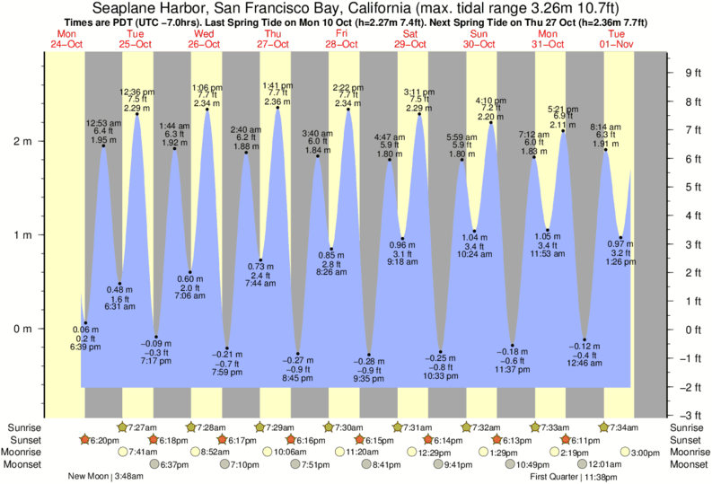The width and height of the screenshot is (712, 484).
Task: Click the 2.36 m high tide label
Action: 277,101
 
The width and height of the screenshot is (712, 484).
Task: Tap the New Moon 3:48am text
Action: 101,477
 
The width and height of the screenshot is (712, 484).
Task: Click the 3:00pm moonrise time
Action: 645,453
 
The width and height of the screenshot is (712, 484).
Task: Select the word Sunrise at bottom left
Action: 22,427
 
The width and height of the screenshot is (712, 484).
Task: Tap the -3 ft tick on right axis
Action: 689,416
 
